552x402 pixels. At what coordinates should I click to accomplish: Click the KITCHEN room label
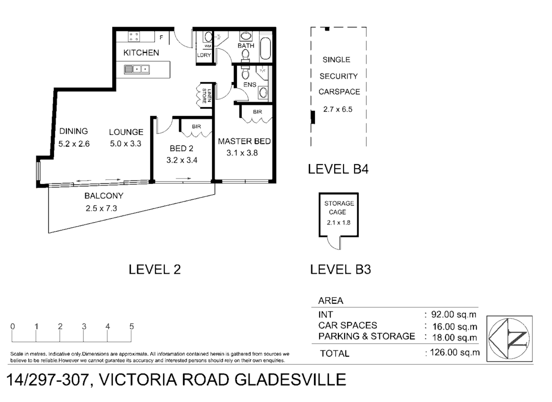point(141,53)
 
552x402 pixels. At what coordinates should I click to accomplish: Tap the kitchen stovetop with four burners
point(134,36)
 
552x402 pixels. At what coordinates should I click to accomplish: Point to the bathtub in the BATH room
point(266,48)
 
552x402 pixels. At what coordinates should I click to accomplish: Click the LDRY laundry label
point(204,55)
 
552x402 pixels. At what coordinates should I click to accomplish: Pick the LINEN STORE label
point(206,96)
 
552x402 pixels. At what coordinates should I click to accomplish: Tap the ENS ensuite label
point(250,84)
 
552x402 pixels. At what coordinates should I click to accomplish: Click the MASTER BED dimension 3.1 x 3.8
point(242,153)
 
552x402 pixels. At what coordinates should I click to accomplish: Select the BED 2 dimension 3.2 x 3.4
point(182,160)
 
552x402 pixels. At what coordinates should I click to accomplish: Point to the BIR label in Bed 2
point(196,127)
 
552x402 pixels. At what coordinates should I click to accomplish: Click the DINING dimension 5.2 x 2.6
point(74,144)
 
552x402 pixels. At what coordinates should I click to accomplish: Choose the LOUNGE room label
point(126,132)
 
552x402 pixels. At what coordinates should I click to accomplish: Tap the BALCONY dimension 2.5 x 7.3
point(101,208)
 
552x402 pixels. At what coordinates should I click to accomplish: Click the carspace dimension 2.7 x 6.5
point(337,109)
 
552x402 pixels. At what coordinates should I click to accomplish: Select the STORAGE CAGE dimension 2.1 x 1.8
point(339,223)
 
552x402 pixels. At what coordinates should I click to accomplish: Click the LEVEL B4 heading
point(338,169)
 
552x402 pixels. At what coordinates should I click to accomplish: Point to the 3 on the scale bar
point(84,326)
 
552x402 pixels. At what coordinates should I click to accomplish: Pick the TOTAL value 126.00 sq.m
point(454,352)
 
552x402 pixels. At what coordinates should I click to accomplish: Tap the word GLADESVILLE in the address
point(290,380)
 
